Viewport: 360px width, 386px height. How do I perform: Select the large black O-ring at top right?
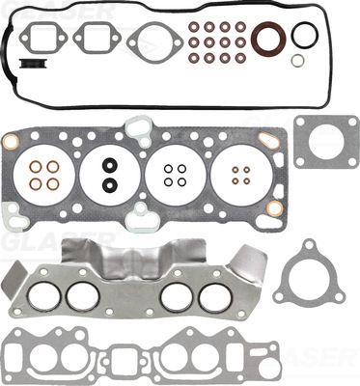[x=304, y=35]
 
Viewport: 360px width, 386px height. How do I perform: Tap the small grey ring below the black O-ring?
[x=298, y=60]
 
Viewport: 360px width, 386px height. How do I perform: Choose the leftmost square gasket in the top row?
[x=44, y=41]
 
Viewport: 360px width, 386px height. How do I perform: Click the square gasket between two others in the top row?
[x=98, y=41]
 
